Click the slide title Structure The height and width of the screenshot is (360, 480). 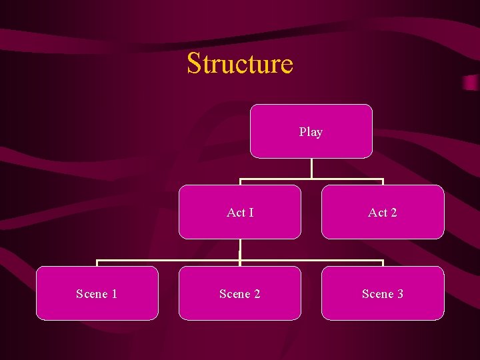[240, 63]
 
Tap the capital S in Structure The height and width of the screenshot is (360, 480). [194, 63]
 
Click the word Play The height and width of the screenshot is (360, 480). [311, 132]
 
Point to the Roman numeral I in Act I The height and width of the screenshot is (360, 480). [251, 213]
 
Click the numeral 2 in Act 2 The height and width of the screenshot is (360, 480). [393, 213]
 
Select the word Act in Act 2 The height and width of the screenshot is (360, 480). [377, 213]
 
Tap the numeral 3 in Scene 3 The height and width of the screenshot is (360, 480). [400, 294]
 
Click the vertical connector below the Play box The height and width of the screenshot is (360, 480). [311, 168]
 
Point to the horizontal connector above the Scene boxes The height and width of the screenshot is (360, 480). [167, 261]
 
